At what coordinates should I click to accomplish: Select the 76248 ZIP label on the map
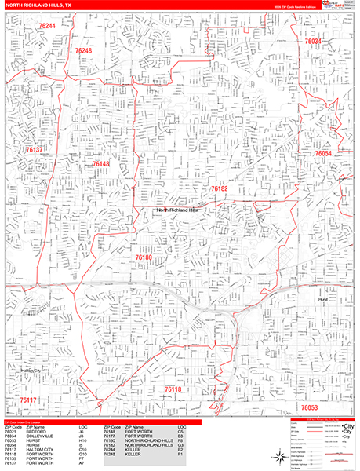[83, 51]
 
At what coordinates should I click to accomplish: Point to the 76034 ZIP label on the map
[313, 41]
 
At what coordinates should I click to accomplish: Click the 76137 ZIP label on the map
[34, 149]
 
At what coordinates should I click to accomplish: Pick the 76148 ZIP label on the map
[100, 164]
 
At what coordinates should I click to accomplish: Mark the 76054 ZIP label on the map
[323, 154]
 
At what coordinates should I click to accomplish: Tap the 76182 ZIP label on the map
[219, 189]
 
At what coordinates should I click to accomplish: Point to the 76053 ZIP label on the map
[309, 408]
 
